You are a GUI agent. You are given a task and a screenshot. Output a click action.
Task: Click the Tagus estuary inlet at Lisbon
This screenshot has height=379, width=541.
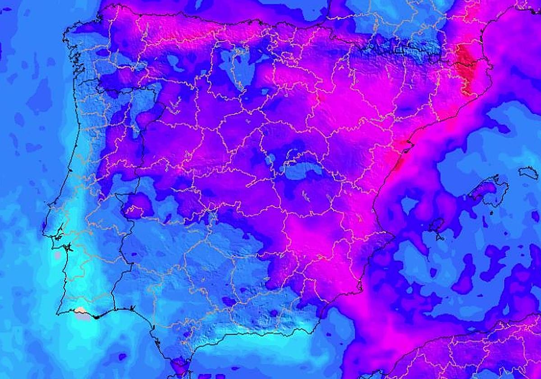pyautogui.click(x=68, y=248)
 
